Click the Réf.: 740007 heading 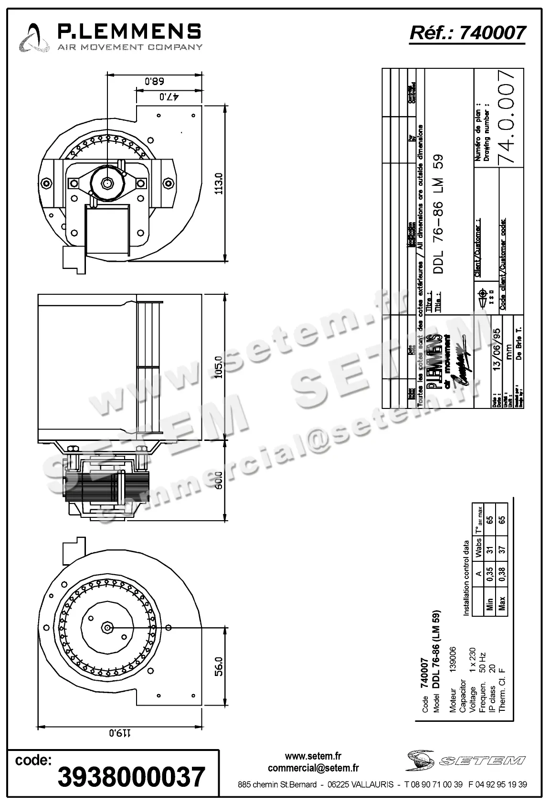[467, 32]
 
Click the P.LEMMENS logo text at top [129, 32]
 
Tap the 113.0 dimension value [219, 183]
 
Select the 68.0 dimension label [154, 81]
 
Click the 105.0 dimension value [219, 367]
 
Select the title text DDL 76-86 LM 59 [439, 214]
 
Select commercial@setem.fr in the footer [313, 768]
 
